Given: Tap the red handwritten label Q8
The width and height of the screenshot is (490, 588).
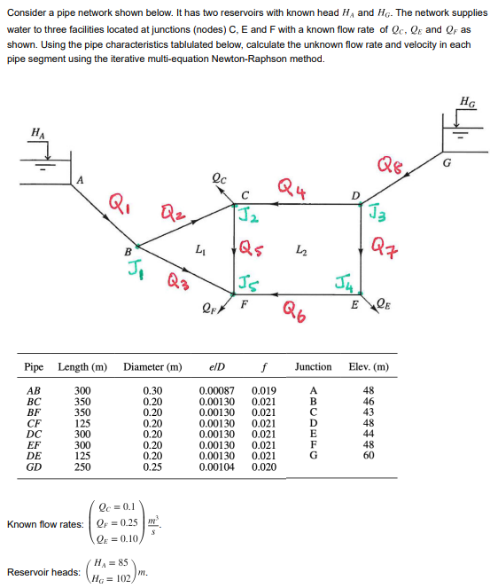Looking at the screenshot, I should click(391, 164).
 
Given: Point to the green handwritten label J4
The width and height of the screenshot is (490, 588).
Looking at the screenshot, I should click(341, 285).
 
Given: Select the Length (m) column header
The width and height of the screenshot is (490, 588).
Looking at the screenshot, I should click(82, 366).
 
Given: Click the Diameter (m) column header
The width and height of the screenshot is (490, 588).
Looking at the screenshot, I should click(153, 366).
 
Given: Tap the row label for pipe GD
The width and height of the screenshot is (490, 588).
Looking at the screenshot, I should click(35, 466).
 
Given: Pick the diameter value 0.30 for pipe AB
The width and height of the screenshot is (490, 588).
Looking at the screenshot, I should click(152, 391).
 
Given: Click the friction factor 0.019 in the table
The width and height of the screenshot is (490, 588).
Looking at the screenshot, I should click(264, 391).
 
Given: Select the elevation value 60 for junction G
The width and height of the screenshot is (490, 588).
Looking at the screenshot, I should click(369, 455).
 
